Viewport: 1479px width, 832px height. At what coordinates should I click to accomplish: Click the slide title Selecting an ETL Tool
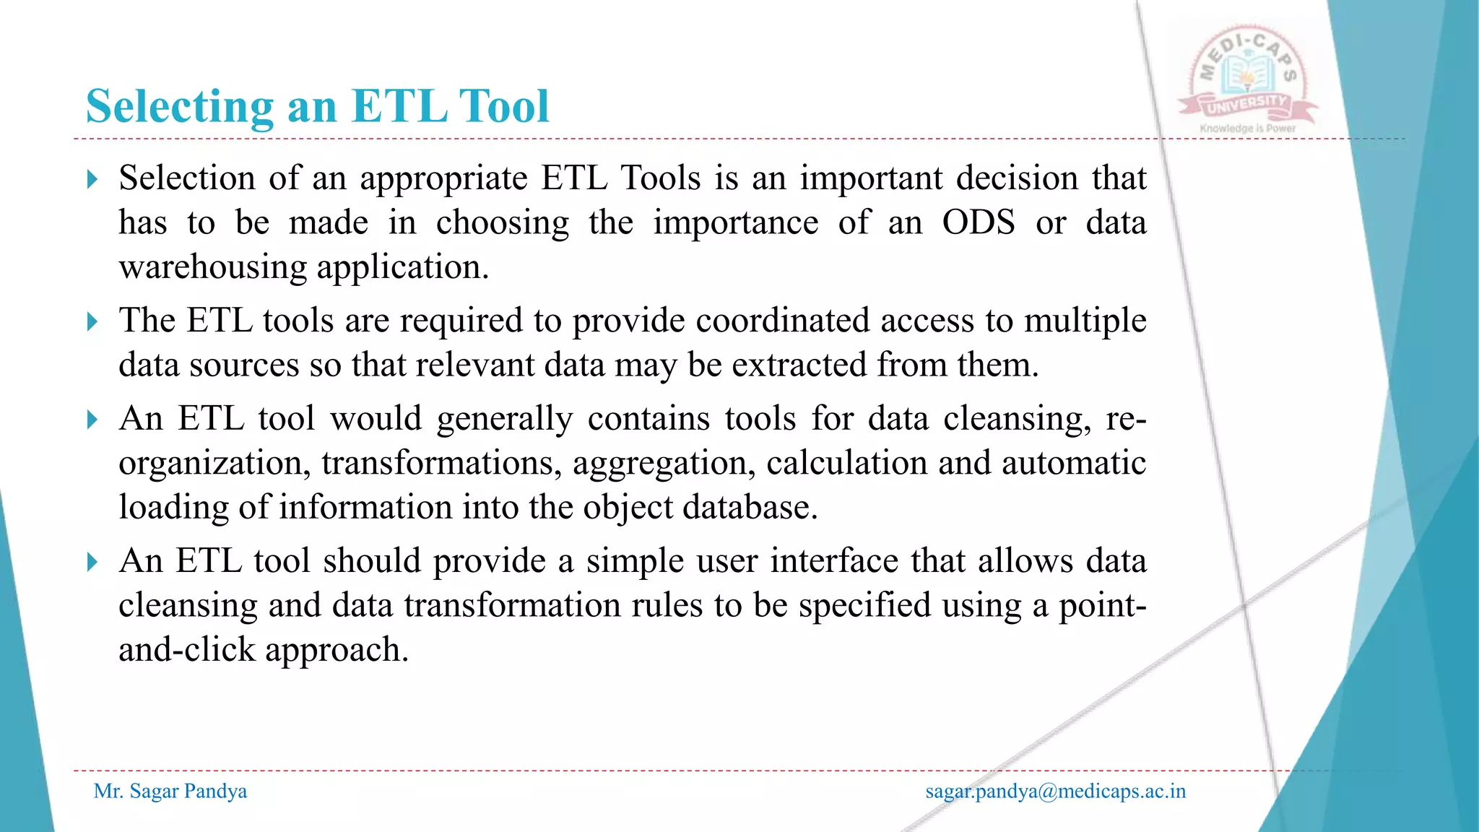pyautogui.click(x=318, y=106)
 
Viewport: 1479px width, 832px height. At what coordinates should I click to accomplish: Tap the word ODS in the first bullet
pyautogui.click(x=979, y=222)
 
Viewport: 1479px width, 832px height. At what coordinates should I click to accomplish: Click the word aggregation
pyautogui.click(x=664, y=463)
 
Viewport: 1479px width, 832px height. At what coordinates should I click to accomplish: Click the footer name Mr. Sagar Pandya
pyautogui.click(x=170, y=791)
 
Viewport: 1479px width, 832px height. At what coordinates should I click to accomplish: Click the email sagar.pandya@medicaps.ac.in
pyautogui.click(x=1055, y=791)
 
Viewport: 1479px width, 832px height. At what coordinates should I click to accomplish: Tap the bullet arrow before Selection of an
pyautogui.click(x=92, y=179)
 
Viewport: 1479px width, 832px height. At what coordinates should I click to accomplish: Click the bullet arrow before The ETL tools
pyautogui.click(x=92, y=321)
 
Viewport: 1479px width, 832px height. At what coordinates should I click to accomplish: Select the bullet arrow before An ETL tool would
pyautogui.click(x=92, y=419)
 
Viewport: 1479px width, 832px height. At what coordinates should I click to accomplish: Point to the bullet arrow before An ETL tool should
pyautogui.click(x=92, y=561)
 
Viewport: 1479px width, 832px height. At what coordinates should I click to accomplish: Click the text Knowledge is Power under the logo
pyautogui.click(x=1247, y=129)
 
